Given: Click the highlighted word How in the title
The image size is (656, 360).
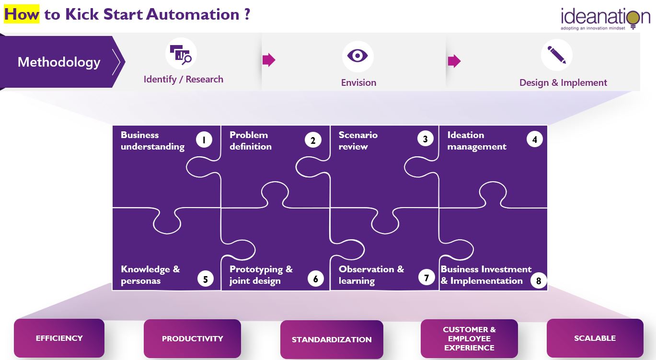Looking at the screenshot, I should coord(22,14).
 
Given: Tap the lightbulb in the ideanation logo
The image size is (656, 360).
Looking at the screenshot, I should coord(633,19).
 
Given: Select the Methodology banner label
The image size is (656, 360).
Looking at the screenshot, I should coord(59,62).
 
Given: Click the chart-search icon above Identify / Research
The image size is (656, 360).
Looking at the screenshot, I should coord(181,54).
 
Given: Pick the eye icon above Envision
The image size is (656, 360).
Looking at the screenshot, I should coord(357,56).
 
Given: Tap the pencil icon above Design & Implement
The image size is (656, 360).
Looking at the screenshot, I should coord(556,55).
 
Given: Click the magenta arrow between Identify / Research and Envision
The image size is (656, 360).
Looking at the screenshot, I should coord(269,60).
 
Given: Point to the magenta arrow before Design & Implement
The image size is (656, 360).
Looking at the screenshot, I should coord(454,61).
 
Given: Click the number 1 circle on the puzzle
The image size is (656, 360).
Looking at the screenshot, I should coord(204,139).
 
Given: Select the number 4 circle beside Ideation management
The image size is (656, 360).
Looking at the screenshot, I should coord(534,139).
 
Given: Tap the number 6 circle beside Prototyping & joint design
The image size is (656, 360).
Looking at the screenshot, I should coord(315,279).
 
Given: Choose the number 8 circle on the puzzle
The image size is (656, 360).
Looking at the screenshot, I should coord(539,281).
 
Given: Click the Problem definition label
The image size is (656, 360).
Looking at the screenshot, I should coord(251,140).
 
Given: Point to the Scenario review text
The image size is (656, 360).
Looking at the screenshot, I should coord(358,140).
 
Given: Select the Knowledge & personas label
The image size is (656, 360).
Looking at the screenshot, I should coord(150,275).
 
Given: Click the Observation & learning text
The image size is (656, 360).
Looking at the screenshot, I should coord(371,275).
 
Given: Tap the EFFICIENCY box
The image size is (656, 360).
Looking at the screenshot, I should coord(59,338).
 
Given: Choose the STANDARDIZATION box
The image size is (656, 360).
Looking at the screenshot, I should coord(332,339).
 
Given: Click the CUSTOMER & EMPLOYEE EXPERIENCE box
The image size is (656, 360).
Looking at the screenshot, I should coord(469,338).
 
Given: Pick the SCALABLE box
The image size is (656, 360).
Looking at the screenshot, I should coord(595,338).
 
